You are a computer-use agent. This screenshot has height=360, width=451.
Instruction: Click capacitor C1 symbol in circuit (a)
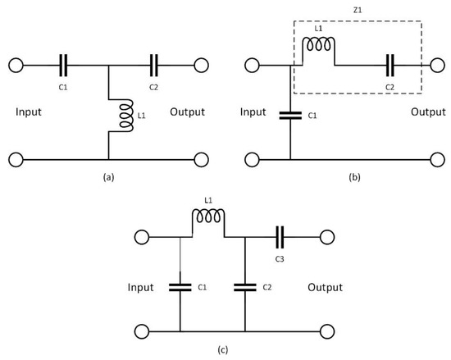63,66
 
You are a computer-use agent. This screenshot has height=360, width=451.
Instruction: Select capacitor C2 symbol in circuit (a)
154,66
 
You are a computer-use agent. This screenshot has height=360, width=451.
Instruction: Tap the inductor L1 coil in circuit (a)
126,116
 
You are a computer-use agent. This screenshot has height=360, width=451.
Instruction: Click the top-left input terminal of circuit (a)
16,66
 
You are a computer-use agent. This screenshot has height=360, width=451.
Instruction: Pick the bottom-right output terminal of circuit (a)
202,160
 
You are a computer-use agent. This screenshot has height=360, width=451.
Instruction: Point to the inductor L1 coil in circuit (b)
318,45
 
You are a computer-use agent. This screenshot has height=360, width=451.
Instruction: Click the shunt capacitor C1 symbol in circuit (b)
290,116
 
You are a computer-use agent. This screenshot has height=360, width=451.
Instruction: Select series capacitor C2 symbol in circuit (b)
390,66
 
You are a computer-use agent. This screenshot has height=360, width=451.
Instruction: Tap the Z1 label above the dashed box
358,11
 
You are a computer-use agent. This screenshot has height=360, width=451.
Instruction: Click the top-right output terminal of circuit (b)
438,66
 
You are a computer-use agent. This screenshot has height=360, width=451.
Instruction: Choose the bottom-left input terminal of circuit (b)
253,160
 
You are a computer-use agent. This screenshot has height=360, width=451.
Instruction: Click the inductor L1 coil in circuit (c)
208,216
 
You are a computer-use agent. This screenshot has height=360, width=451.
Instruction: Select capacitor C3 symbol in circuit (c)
280,237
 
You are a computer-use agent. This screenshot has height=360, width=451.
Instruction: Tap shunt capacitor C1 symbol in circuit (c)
180,288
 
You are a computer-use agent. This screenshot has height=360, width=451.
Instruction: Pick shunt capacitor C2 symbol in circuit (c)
245,288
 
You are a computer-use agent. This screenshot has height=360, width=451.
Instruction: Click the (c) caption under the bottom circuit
223,350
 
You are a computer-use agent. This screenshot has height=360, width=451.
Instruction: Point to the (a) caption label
109,177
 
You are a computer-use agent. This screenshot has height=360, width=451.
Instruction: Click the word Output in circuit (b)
428,112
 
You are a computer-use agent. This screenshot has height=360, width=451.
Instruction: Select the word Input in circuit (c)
141,288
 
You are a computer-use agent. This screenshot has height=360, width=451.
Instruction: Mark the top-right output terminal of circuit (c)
327,237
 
